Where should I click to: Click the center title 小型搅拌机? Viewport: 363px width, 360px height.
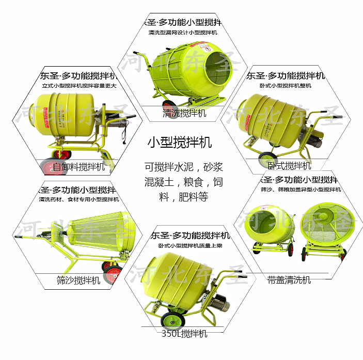coord(179,142)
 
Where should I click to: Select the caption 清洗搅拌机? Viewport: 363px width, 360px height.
coord(184,113)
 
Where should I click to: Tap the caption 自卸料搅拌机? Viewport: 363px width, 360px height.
coord(78,167)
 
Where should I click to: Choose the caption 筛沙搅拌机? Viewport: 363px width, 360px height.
coord(78,280)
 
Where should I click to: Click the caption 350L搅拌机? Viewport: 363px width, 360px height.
coord(184,334)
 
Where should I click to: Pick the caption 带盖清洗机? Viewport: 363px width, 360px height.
coord(289,280)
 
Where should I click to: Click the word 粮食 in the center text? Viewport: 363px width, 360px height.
coord(188,182)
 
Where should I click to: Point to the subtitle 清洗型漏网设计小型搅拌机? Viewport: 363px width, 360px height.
coord(184,33)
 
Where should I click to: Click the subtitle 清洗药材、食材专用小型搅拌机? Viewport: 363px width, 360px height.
coord(78,199)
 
